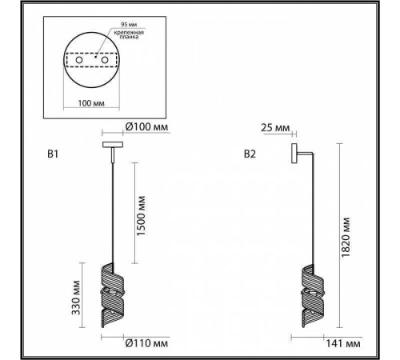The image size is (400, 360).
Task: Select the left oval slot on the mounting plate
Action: [77, 61]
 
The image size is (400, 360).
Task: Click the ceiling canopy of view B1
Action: [111, 145]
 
